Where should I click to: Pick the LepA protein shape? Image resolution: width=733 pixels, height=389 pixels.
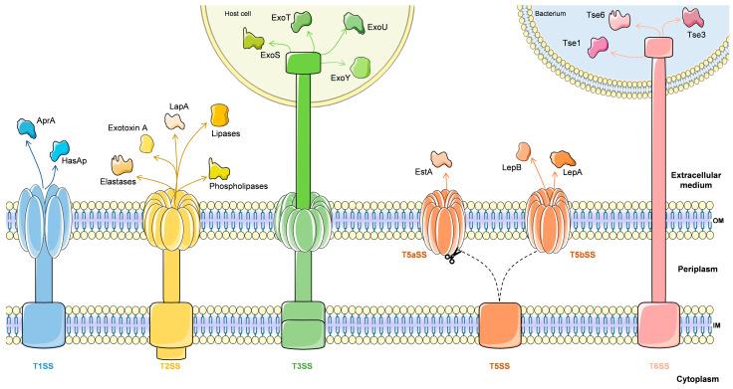pyautogui.click(x=566, y=158)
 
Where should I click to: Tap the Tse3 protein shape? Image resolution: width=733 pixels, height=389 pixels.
pyautogui.click(x=696, y=19)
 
